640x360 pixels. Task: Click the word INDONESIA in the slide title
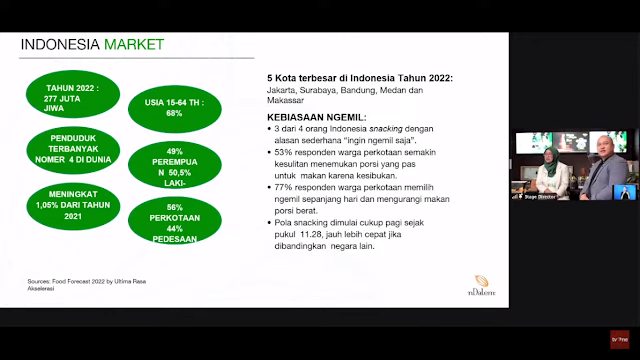tap(58, 45)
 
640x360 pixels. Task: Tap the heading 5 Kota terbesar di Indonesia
tap(358, 78)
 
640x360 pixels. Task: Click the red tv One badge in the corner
tap(620, 339)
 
